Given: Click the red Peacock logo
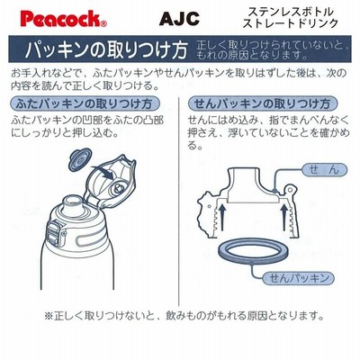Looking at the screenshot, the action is coord(63,19).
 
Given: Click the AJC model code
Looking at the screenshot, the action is coord(179,19).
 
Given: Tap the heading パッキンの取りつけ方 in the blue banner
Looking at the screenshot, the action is coord(106,49).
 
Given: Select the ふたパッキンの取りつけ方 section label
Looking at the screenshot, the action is coord(84,103).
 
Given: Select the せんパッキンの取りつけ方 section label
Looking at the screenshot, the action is coord(263,103).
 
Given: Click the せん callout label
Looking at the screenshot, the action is coord(324,170).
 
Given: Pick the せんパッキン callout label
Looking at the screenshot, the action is coord(298,278).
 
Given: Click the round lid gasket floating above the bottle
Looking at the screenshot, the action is coord(80,160).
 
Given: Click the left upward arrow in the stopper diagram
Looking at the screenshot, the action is coord(221,217).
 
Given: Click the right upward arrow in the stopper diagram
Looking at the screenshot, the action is coord(283,217).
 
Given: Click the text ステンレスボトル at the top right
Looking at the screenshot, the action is coord(291,12).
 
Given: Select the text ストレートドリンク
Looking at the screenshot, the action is coord(291,23).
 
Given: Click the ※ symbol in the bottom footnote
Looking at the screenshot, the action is coord(49,315).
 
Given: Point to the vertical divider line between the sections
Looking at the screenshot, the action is coord(179,201).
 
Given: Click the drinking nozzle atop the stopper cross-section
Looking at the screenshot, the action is coord(243,184).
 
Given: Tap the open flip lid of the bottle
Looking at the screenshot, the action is coord(110,181).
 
